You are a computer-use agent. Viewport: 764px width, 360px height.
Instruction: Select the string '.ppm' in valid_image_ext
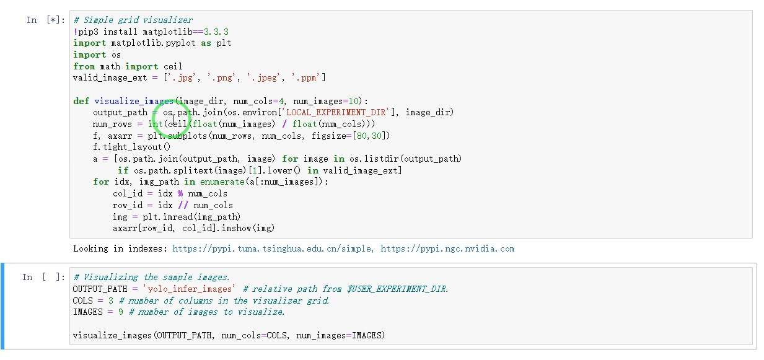308,77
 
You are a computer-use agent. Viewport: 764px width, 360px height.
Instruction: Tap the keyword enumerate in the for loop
222,182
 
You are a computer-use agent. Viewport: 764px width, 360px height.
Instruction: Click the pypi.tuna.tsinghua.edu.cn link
273,249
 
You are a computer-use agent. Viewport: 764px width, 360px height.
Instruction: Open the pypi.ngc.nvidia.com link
447,249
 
